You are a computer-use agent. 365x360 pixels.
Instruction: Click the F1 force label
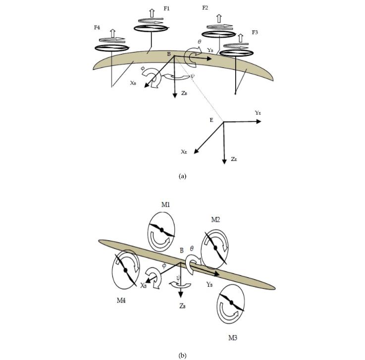[167, 9]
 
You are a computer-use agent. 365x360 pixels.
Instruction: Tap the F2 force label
[205, 8]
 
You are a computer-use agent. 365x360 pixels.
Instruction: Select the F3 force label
[255, 33]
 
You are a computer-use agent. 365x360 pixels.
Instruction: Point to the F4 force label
[97, 27]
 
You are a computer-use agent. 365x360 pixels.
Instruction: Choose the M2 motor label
[215, 219]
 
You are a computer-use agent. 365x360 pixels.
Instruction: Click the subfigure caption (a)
[182, 176]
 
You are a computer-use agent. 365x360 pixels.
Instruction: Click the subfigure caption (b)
[182, 355]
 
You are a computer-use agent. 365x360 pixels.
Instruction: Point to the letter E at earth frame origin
[211, 119]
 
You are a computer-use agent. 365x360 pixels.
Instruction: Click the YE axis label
[258, 113]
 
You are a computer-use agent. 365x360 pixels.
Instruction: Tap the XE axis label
[184, 152]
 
